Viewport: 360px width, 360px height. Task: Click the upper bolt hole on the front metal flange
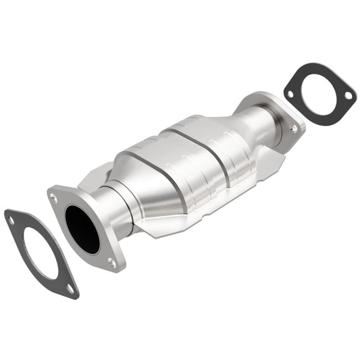click(x=53, y=198)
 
